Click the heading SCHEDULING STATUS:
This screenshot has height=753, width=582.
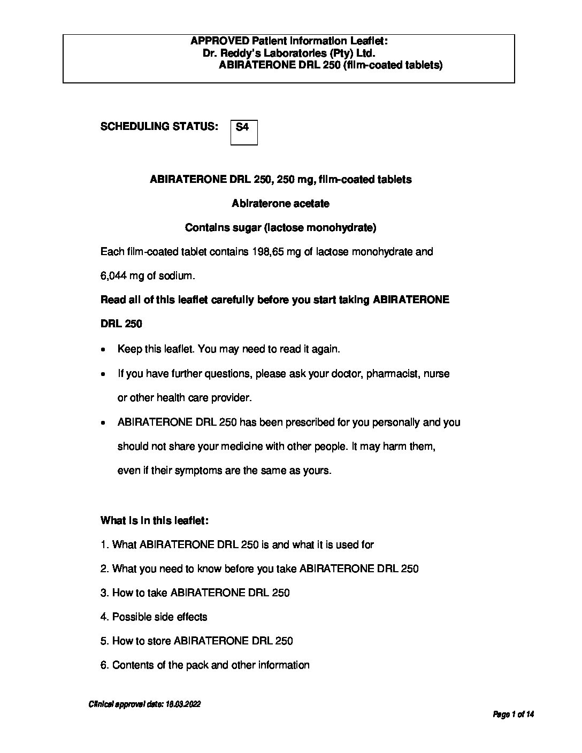click(159, 127)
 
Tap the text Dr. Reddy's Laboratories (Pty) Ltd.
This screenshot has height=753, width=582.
click(289, 53)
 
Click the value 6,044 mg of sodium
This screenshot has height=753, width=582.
click(147, 276)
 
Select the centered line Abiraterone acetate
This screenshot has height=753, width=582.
click(280, 204)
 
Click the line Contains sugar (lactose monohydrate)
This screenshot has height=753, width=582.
click(280, 228)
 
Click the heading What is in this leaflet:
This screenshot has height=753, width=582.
click(155, 520)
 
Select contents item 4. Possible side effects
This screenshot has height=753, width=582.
click(154, 617)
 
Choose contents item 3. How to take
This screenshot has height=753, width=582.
click(195, 593)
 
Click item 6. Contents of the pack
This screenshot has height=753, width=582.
click(205, 665)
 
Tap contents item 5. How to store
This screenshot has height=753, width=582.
click(197, 641)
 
